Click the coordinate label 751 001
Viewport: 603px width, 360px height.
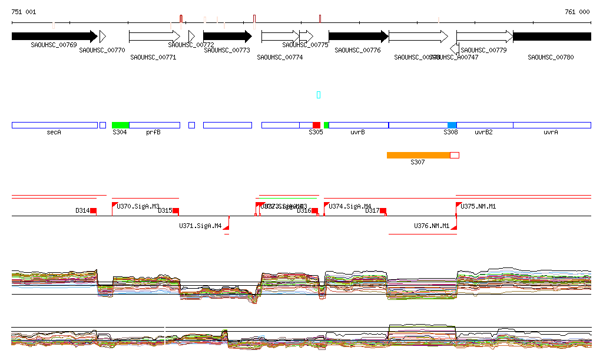[24, 12]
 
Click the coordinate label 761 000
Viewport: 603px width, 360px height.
[577, 12]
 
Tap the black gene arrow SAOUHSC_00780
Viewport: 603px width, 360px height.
[552, 37]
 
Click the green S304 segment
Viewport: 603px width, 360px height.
[120, 125]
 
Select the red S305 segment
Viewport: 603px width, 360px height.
[316, 125]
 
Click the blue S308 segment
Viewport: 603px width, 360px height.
[452, 125]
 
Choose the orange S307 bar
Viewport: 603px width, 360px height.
[418, 155]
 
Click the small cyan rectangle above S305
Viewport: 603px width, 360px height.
[319, 95]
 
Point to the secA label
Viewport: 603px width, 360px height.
[54, 133]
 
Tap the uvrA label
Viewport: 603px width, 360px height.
[551, 133]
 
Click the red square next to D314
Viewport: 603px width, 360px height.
[93, 210]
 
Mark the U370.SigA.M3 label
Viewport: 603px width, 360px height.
[138, 207]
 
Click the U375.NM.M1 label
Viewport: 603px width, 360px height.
[479, 207]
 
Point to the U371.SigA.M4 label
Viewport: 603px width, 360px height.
[200, 226]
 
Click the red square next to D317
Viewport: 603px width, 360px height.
[383, 210]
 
